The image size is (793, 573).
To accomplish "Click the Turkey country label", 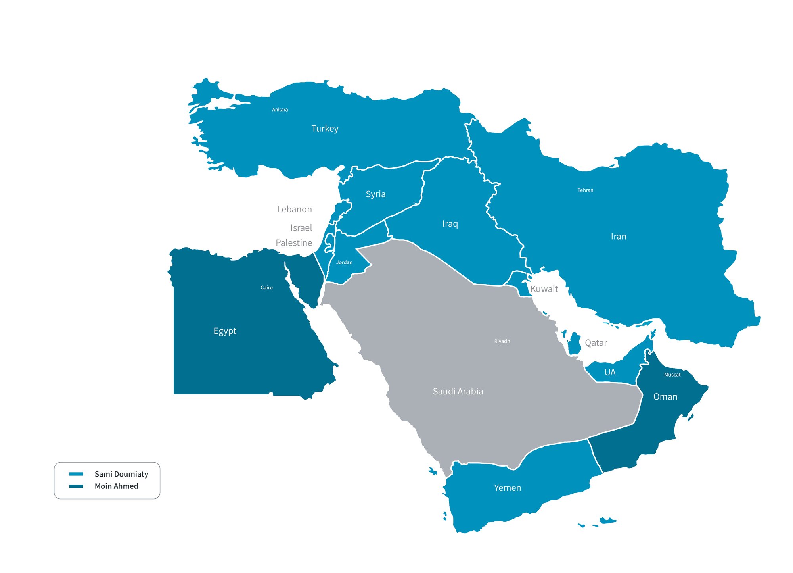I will (x=325, y=129).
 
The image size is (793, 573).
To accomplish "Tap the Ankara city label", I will (x=280, y=110).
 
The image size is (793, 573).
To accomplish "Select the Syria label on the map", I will (x=375, y=194).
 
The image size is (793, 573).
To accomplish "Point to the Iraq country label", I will (x=450, y=224).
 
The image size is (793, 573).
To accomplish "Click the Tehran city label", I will (x=585, y=190).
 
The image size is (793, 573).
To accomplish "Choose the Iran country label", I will (x=619, y=237).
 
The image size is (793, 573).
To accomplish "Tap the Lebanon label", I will (x=294, y=209).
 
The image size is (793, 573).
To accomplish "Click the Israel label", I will (x=301, y=228).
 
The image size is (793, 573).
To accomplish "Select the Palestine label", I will (x=294, y=243).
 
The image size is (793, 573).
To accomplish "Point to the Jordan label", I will (x=344, y=262).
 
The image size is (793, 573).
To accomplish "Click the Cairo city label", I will (x=266, y=288).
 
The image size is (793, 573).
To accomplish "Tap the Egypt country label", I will (x=225, y=331).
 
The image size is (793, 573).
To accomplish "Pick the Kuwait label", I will (x=544, y=289).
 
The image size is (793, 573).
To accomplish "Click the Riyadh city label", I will (x=502, y=341).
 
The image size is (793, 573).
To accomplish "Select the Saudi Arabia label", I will (x=458, y=392).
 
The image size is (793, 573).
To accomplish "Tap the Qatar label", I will (x=596, y=343).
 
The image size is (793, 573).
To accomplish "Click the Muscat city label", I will (x=672, y=375).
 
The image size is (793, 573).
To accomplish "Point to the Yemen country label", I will (x=508, y=488).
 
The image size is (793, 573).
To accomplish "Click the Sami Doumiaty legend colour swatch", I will (x=76, y=474).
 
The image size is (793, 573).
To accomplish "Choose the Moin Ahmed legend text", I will (x=116, y=486).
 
